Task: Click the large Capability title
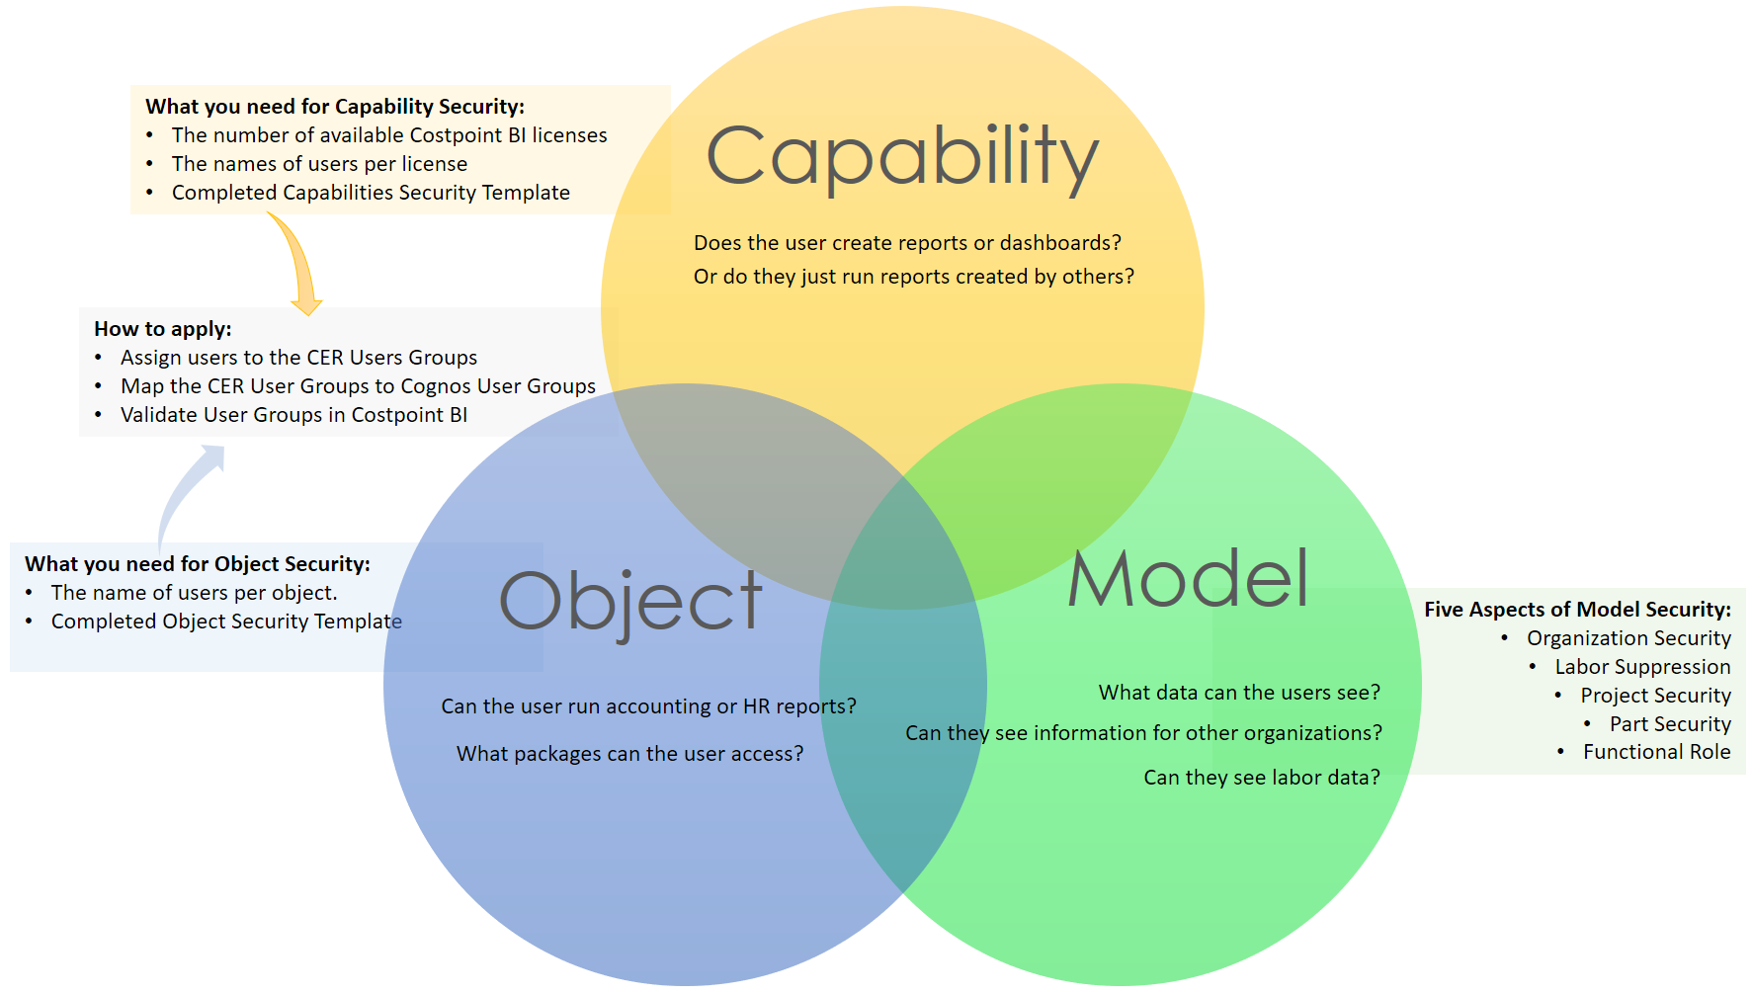(902, 157)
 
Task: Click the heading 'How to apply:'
(163, 329)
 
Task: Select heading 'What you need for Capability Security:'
(335, 107)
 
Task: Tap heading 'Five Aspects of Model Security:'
(1577, 610)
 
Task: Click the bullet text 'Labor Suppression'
(1642, 667)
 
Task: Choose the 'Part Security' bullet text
(1670, 724)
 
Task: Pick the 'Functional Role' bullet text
(1656, 752)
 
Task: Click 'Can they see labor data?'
(1262, 778)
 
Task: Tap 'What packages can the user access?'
(629, 754)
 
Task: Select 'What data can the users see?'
(1239, 693)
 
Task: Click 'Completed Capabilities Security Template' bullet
(371, 193)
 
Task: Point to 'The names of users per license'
(319, 164)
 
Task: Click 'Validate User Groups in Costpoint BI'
(293, 415)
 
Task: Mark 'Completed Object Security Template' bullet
(226, 622)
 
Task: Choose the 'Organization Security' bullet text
(1628, 638)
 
